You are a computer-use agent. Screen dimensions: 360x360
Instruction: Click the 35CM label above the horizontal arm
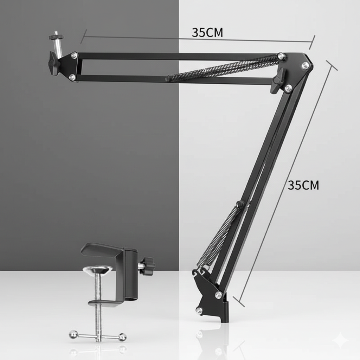pyautogui.click(x=207, y=32)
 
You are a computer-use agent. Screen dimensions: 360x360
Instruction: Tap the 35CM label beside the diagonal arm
pyautogui.click(x=303, y=185)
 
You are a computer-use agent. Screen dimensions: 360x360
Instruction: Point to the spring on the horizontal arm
pyautogui.click(x=225, y=68)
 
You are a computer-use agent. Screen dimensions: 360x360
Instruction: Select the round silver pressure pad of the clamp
pyautogui.click(x=97, y=270)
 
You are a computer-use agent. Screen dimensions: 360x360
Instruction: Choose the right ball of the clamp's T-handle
pyautogui.click(x=122, y=337)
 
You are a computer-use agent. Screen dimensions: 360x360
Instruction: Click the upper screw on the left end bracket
pyautogui.click(x=74, y=56)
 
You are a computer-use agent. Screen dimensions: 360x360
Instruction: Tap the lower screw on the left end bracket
pyautogui.click(x=72, y=77)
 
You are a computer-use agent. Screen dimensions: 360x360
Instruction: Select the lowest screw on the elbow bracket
pyautogui.click(x=288, y=88)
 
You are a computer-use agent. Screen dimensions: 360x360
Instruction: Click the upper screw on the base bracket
pyautogui.click(x=218, y=295)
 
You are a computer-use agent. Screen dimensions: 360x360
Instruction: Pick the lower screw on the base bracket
pyautogui.click(x=199, y=311)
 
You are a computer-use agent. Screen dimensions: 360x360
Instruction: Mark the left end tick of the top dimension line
pyautogui.click(x=83, y=36)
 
